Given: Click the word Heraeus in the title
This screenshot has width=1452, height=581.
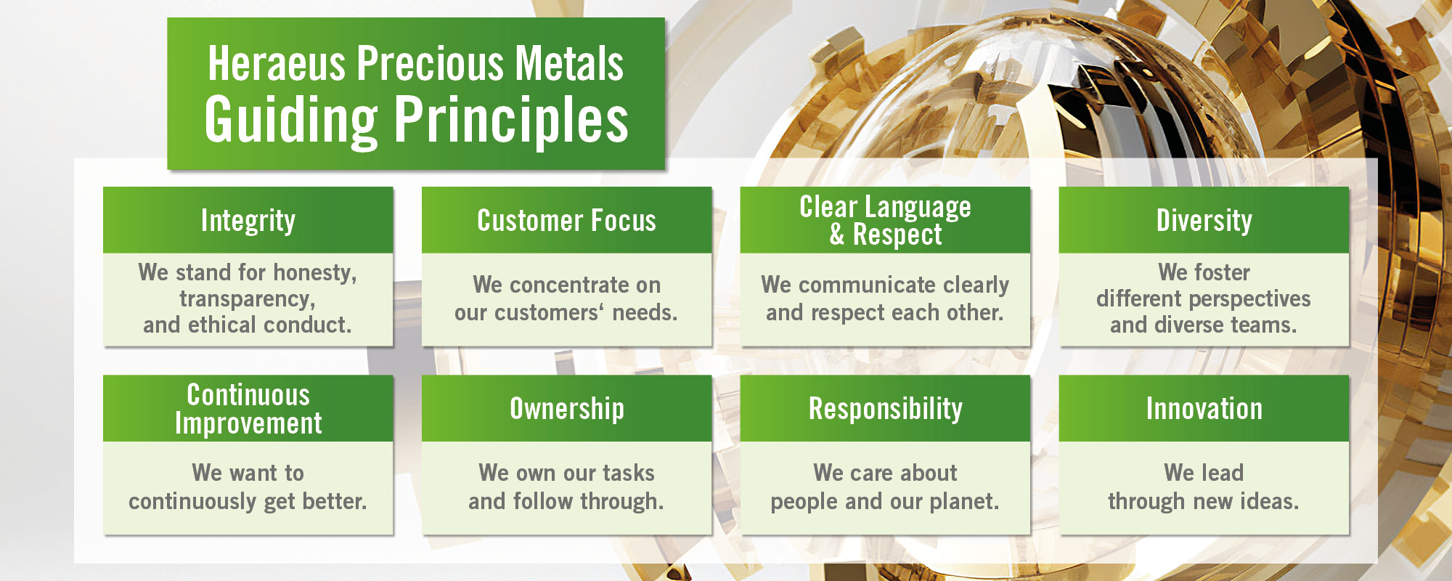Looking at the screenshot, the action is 277,63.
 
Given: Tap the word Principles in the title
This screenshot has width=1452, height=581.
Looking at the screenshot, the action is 512,120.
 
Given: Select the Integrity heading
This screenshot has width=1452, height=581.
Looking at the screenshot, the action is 248,221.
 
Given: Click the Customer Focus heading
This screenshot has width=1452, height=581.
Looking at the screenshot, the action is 566,221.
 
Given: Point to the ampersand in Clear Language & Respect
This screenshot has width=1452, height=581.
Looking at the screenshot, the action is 837,235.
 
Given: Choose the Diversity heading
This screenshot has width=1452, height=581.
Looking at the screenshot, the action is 1204,221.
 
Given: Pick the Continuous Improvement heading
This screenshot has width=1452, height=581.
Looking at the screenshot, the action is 248,409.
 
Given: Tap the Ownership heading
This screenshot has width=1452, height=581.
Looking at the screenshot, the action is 567,409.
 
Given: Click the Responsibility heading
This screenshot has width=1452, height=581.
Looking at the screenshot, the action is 886,409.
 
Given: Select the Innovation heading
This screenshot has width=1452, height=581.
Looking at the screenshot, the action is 1204,409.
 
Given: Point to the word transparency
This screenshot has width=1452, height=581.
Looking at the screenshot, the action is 248,299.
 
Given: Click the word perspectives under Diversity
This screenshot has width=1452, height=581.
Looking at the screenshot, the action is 1249,299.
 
